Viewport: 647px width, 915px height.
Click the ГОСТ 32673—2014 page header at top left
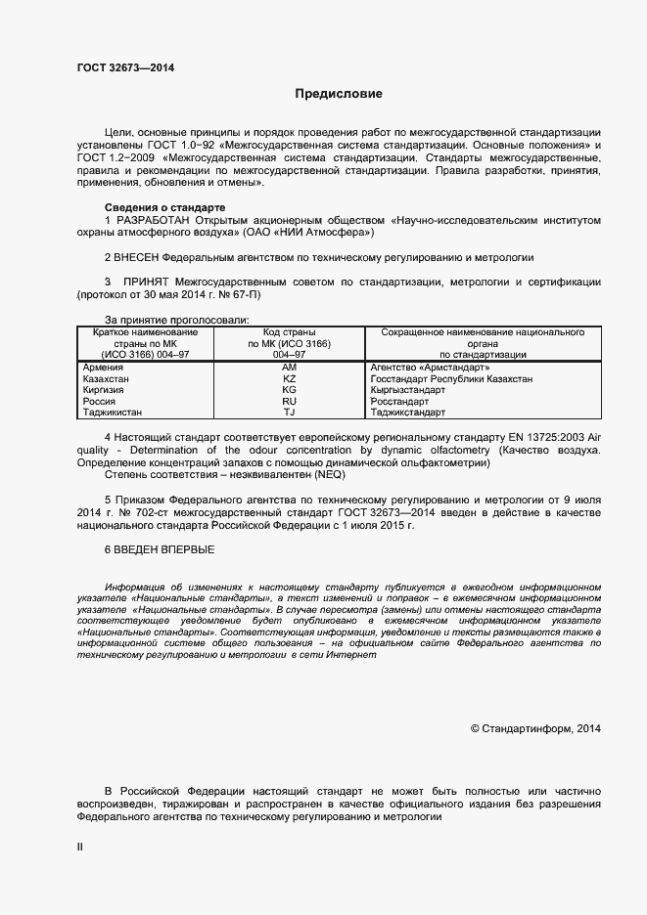(126, 68)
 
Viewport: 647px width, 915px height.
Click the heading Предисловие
(339, 94)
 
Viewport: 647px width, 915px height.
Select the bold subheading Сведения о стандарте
(164, 208)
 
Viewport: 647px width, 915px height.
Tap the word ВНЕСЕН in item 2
(139, 257)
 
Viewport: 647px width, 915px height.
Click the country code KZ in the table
(289, 378)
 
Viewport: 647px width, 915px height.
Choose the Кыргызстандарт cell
(408, 390)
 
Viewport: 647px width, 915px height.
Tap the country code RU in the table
(289, 402)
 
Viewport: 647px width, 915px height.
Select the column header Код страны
(289, 332)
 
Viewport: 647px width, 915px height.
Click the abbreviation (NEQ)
(329, 474)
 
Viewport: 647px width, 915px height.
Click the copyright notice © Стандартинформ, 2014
(535, 728)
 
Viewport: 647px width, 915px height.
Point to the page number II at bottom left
(80, 848)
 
